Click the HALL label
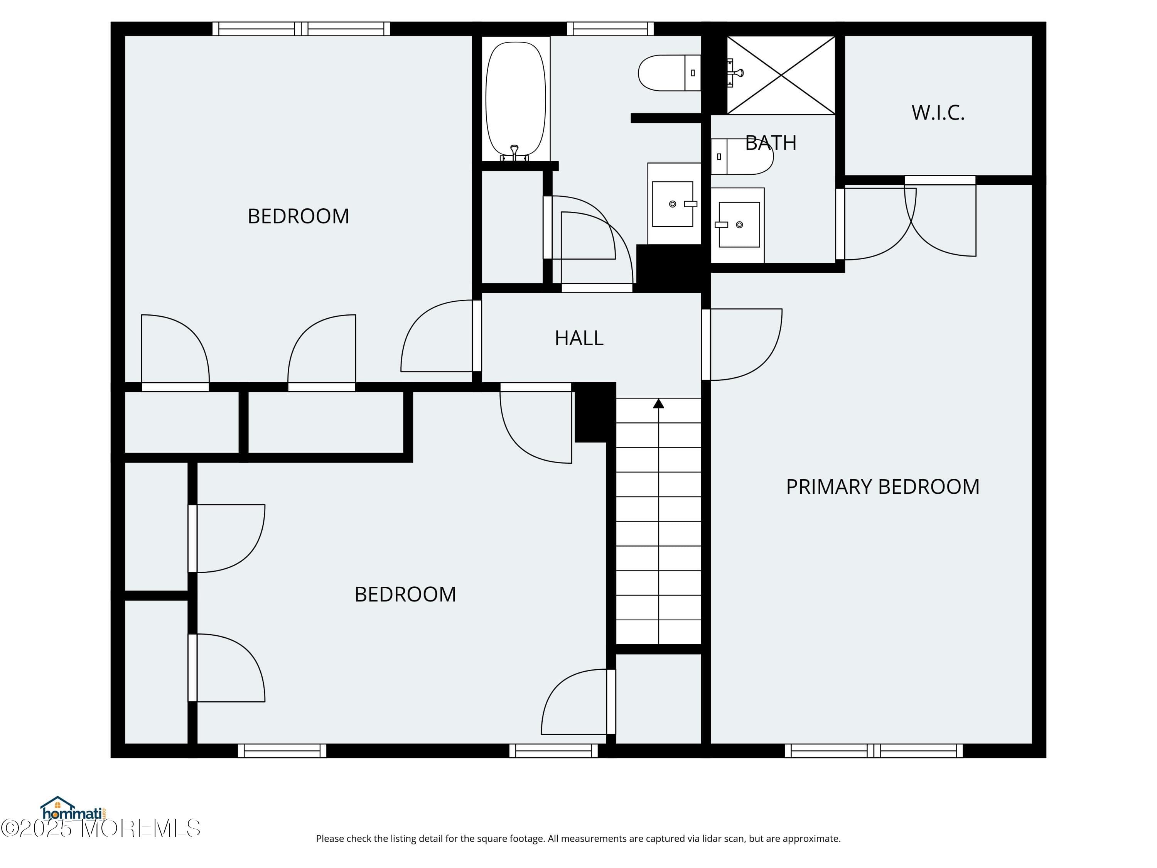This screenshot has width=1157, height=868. [579, 338]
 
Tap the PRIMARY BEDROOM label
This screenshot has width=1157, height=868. [882, 486]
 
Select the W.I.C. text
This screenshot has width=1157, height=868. [938, 113]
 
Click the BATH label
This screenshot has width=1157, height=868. [771, 143]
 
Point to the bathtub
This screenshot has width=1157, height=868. [516, 100]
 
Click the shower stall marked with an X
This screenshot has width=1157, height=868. [781, 75]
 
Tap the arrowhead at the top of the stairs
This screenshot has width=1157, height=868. [659, 404]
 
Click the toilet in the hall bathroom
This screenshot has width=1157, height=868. [670, 73]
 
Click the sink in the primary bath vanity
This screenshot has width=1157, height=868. [739, 225]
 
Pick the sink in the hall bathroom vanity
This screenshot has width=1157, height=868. [673, 204]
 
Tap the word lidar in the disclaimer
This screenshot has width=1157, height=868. [696, 839]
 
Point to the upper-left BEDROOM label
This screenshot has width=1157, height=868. [298, 216]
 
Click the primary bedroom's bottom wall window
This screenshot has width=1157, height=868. [874, 751]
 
